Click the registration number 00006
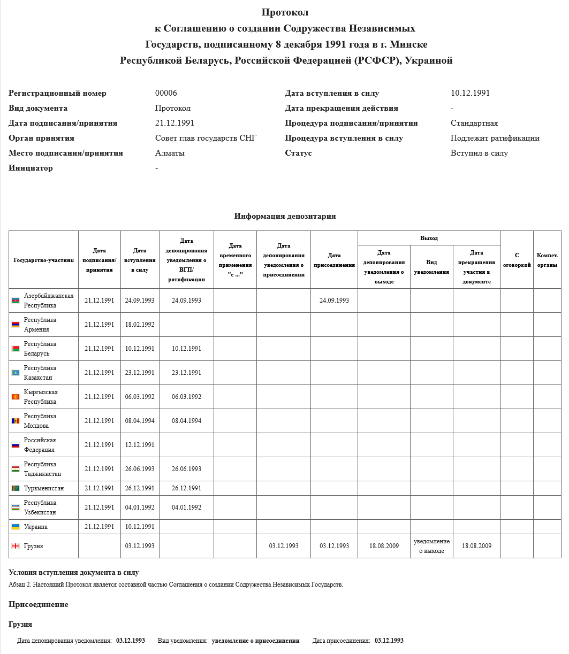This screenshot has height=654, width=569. tap(166, 93)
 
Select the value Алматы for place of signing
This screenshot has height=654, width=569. tap(170, 153)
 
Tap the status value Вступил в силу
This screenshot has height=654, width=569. tap(479, 153)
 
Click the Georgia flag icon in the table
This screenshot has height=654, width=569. tap(16, 546)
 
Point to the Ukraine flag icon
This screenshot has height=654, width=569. tap(16, 527)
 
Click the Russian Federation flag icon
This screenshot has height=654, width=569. tap(16, 445)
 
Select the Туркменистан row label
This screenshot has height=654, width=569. tap(44, 488)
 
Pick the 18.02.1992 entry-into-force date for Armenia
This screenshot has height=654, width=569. tap(140, 325)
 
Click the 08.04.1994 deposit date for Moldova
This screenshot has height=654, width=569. tap(186, 421)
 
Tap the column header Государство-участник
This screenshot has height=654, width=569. tap(44, 260)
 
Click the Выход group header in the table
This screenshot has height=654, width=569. tap(429, 238)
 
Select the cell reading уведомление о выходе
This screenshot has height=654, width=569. tap(431, 546)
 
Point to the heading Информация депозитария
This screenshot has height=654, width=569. tap(285, 216)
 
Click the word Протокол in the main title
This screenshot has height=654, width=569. tap(285, 12)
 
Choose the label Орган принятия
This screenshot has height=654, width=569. tap(41, 138)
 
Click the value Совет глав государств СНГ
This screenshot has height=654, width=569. tap(206, 138)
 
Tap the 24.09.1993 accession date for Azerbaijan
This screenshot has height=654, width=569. tap(334, 301)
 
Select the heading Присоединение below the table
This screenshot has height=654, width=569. tap(39, 604)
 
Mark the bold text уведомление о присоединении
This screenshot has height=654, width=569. tap(255, 641)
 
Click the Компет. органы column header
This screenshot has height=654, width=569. tap(547, 260)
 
